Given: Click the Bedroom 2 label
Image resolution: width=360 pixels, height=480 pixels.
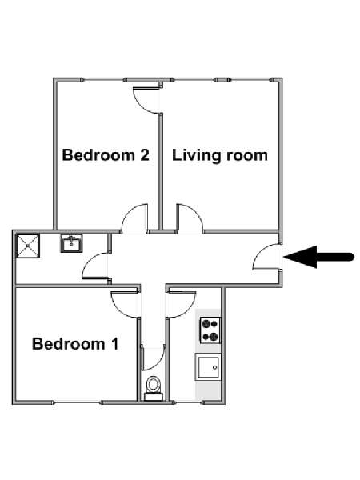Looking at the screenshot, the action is (x=106, y=155).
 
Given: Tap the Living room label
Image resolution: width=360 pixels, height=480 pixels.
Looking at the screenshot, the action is (x=220, y=155).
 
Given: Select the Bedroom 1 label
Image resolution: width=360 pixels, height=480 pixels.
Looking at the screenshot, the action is (x=75, y=344).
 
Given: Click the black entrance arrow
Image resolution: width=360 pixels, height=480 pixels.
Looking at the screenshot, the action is (x=318, y=257).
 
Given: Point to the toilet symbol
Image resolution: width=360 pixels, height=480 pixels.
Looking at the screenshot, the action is (x=153, y=388).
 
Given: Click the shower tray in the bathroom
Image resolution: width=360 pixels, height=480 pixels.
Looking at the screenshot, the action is (x=28, y=246).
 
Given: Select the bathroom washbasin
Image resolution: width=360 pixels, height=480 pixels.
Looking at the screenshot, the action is (x=71, y=243).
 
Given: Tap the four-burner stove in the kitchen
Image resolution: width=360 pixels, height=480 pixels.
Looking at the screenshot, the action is (x=210, y=330).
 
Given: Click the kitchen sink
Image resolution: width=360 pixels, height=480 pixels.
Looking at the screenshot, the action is (x=208, y=366).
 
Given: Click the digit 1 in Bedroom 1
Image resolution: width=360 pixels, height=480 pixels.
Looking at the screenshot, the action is (x=114, y=343).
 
